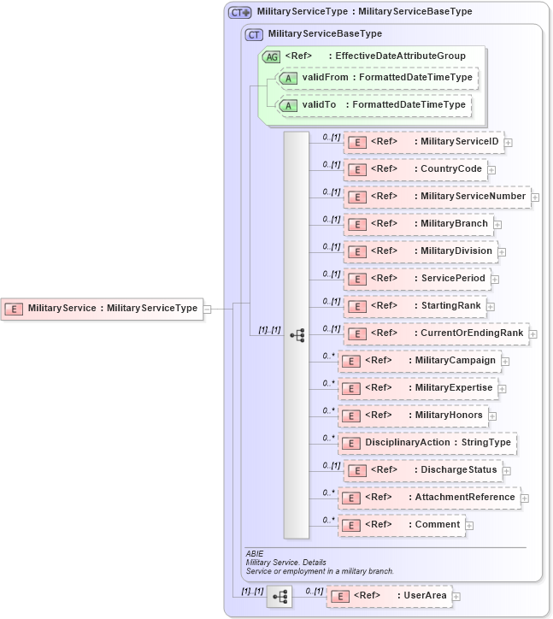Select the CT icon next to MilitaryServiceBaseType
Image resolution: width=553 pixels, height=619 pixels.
pos(254,34)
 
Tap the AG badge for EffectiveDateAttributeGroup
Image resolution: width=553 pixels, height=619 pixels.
pos(271,56)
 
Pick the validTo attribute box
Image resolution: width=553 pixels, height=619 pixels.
pos(374,105)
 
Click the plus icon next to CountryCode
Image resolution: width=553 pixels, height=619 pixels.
pos(491,170)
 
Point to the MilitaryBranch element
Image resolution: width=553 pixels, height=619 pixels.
pos(418,224)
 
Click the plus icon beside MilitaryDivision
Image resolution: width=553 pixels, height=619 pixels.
pos(502,252)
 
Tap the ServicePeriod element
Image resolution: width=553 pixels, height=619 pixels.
pos(416,279)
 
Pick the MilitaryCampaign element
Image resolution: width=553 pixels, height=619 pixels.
pos(419,361)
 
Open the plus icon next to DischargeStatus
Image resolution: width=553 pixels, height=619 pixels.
pos(506,471)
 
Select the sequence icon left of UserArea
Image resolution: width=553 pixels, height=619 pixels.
pos(279,596)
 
